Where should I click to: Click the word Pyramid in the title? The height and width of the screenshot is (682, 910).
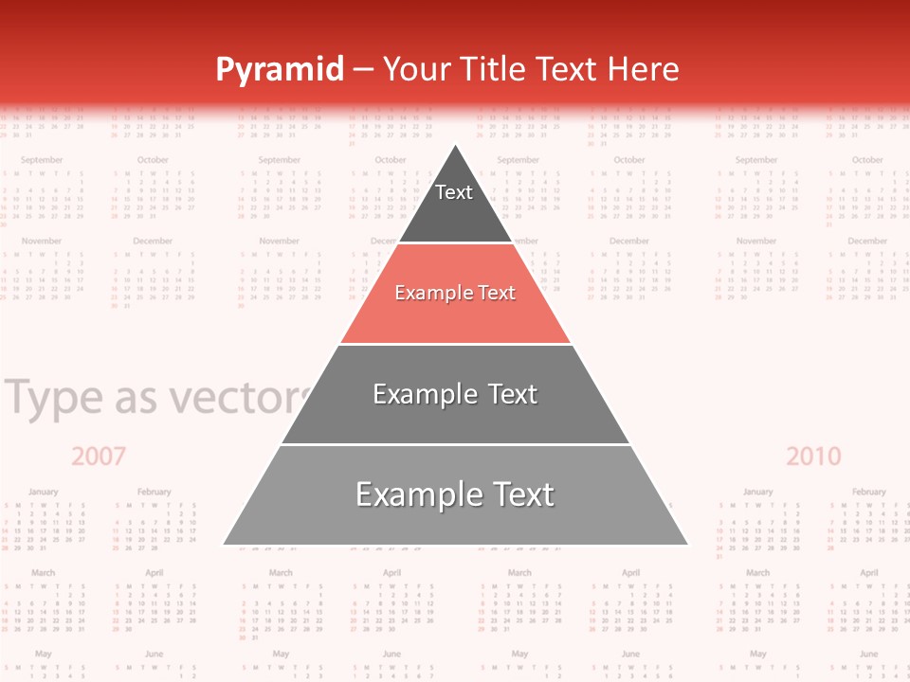coord(280,70)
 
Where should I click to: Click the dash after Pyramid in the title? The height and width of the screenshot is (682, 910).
coord(363,70)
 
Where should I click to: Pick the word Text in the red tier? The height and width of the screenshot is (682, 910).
coord(497,293)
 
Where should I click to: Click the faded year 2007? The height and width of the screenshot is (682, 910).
coord(99,457)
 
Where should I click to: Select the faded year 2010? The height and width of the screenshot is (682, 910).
coord(813,457)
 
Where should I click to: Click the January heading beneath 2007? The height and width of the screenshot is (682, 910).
coord(43,492)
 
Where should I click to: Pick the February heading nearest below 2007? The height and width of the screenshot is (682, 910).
coord(154,492)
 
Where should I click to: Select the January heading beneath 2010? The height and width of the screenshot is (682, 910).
coord(757,492)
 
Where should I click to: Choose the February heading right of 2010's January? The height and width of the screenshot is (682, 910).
coord(868,492)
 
